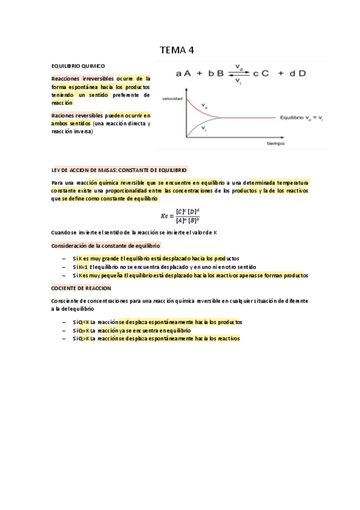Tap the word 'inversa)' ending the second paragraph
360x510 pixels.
pyautogui.click(x=83, y=131)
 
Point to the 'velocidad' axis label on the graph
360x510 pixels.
pyautogui.click(x=173, y=98)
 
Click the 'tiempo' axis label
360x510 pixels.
pyautogui.click(x=276, y=144)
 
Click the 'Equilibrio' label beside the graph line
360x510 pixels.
pyautogui.click(x=291, y=118)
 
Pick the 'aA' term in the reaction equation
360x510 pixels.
pyautogui.click(x=183, y=73)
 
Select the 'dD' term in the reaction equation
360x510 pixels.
pyautogui.click(x=299, y=73)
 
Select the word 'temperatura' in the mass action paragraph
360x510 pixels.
pyautogui.click(x=290, y=182)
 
